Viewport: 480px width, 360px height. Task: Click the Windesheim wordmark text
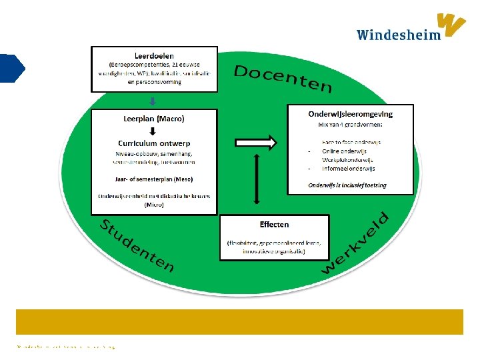[x=398, y=35]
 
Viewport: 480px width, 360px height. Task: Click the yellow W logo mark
[x=451, y=25]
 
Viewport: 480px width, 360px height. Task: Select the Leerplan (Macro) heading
[x=154, y=119]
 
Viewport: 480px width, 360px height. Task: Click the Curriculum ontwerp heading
[x=154, y=143]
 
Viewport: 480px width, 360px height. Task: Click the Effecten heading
[x=274, y=225]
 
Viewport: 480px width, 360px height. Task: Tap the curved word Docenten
[x=283, y=79]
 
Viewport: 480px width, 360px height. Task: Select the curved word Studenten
[x=137, y=245]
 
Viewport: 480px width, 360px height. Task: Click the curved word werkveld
[x=356, y=243]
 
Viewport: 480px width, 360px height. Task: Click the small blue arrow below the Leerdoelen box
[x=153, y=101]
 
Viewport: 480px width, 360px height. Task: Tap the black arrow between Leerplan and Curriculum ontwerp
[x=153, y=131]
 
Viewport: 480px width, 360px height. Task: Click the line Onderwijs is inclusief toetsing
[x=347, y=185]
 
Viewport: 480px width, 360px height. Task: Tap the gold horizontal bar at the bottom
[x=239, y=321]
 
